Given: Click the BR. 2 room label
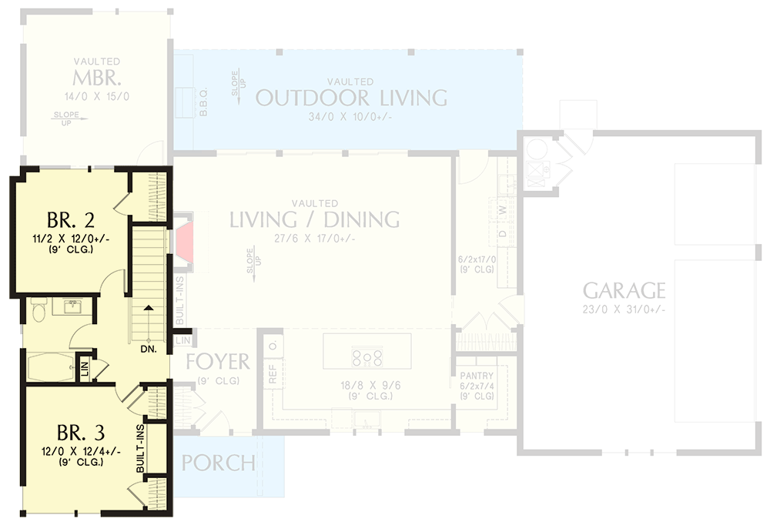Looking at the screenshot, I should coord(70,220).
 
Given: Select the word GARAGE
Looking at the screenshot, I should coord(624,290).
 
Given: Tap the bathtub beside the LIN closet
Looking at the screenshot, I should coord(50,366).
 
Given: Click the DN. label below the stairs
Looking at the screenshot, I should coord(149,349).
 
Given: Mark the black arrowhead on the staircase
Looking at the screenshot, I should coord(149,308).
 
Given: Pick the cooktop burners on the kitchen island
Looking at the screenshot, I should coord(367,356).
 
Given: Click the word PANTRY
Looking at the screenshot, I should coord(477,376).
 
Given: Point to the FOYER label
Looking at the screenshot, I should coord(218,361).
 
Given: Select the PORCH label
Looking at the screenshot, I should coord(219,463).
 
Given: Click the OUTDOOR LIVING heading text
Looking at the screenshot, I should coord(351,98).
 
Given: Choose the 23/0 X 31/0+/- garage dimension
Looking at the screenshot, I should coord(624,309).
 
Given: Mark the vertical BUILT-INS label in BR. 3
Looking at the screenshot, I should coord(141,448).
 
